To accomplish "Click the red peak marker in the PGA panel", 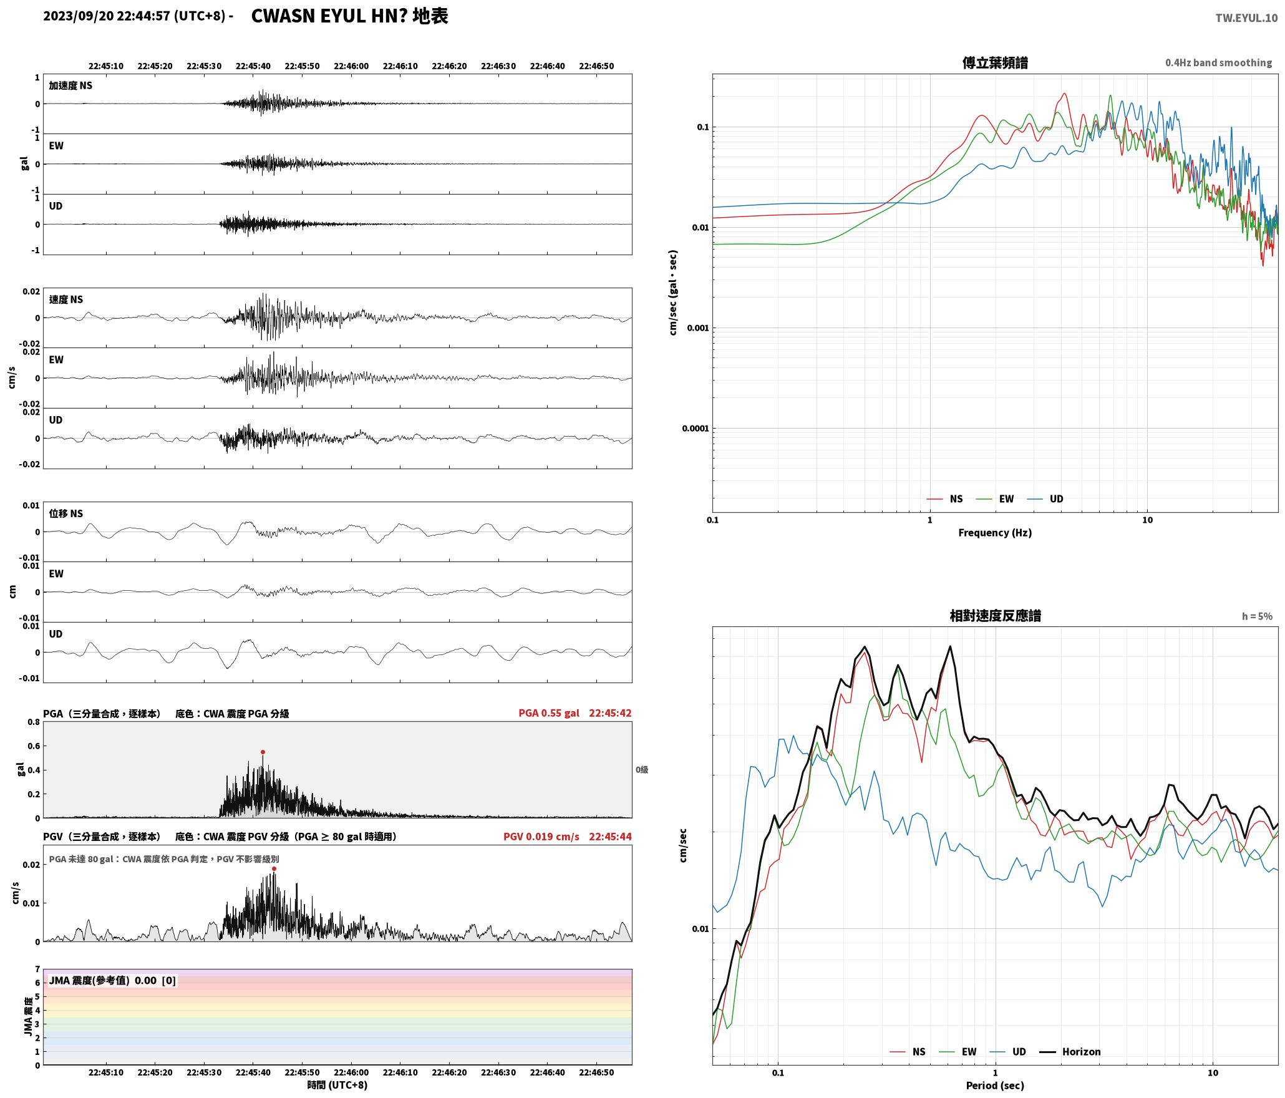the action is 263,752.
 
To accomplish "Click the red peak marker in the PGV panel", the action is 274,868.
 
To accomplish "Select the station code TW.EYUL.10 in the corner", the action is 1246,18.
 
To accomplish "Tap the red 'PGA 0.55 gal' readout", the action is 549,713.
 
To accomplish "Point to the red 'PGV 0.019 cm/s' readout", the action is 541,837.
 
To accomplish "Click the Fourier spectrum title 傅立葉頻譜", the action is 995,63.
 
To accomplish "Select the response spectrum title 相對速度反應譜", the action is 995,616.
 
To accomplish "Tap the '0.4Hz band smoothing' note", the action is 1218,63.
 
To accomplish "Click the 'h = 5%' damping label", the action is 1257,616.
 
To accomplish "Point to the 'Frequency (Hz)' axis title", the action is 995,532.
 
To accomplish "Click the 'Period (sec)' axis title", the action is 995,1086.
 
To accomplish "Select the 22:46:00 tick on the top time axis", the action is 351,66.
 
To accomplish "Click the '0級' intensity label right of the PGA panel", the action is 642,770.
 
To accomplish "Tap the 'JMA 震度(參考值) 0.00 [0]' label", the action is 112,981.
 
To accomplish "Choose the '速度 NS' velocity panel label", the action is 66,299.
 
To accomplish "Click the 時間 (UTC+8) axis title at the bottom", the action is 337,1085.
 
